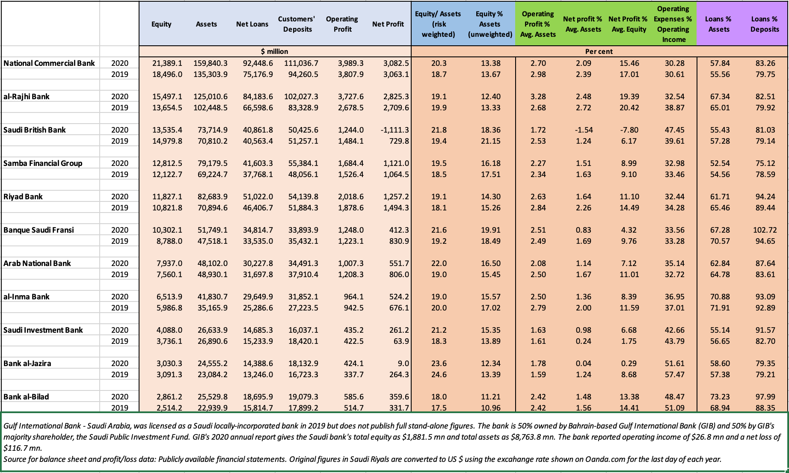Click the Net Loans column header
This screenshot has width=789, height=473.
tap(252, 24)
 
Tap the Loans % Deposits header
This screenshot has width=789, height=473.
tap(765, 24)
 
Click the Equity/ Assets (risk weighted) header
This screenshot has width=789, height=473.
tap(438, 24)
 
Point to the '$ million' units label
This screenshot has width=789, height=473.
tap(274, 51)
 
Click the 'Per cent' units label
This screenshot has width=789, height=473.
tap(599, 51)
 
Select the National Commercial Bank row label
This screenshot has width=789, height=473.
tap(49, 63)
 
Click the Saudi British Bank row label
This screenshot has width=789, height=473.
tap(35, 130)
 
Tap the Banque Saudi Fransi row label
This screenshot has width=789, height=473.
tap(39, 230)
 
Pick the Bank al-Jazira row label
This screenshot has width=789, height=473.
tap(27, 364)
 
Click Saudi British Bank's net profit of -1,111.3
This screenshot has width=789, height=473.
tap(394, 130)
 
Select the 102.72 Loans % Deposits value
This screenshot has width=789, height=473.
tap(765, 230)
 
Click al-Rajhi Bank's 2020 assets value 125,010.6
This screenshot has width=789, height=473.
tap(211, 97)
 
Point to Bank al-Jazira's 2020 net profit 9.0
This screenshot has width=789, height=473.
tap(403, 364)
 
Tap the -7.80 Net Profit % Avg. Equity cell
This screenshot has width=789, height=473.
tap(629, 130)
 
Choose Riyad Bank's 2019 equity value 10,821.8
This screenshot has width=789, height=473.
tap(167, 208)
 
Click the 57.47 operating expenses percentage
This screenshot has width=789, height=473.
tap(675, 375)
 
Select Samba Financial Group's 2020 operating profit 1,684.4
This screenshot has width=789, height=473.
tap(351, 163)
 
